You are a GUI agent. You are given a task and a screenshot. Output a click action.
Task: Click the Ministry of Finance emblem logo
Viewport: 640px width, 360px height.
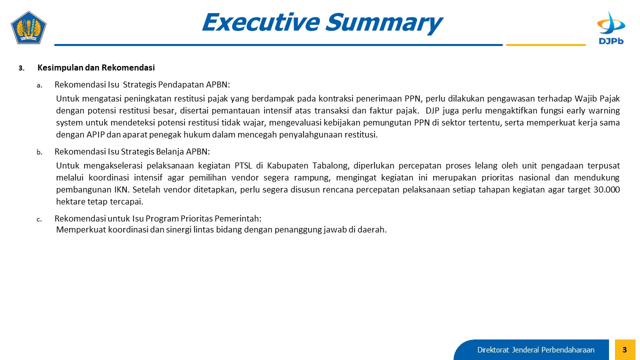[28, 27]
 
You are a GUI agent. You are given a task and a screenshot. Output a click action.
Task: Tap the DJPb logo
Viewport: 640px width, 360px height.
[611, 28]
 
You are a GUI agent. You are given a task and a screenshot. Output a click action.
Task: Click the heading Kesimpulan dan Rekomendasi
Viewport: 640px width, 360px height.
[96, 67]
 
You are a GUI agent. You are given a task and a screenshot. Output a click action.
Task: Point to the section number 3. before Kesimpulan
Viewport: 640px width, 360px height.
[21, 68]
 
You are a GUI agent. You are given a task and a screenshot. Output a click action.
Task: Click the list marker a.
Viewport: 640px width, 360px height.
[39, 85]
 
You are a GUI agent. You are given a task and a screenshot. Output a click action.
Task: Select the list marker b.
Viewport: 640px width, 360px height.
[39, 152]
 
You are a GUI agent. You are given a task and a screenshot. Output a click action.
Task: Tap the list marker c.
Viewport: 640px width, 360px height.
[39, 219]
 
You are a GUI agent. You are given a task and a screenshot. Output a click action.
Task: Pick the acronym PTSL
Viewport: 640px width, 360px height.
[243, 165]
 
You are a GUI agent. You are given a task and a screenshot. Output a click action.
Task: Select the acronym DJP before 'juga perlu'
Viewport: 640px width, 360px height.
[432, 110]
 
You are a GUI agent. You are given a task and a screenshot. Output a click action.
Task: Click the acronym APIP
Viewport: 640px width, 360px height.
[95, 134]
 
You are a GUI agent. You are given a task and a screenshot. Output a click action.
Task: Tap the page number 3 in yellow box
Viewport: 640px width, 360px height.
[624, 349]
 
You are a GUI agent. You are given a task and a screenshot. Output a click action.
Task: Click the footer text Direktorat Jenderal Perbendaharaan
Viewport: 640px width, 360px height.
[535, 350]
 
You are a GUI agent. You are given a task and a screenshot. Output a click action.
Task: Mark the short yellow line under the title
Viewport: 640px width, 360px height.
[545, 45]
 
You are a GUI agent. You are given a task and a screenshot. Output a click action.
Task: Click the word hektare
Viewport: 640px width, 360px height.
[70, 201]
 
